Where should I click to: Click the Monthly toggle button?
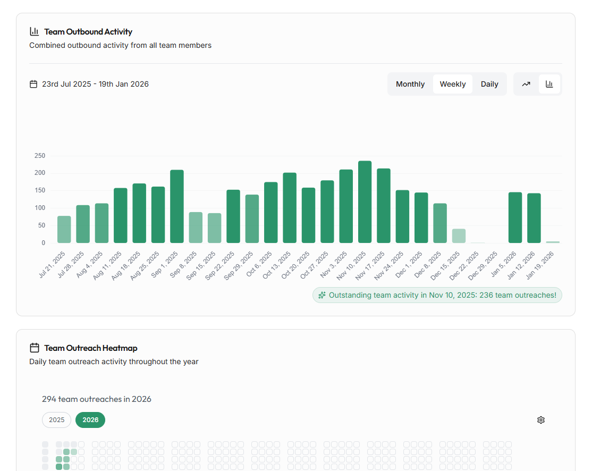pos(410,84)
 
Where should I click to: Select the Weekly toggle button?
pos(453,84)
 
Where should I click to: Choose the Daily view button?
pos(489,84)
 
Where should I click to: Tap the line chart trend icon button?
pos(526,84)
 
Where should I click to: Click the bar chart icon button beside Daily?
pos(549,84)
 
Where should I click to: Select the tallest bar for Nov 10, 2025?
pos(365,202)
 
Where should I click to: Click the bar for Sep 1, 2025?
pos(176,207)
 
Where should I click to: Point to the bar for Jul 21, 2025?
pos(64,230)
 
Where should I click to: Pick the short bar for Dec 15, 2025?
pos(459,236)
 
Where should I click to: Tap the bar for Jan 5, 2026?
pos(515,217)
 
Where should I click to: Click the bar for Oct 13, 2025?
pos(290,208)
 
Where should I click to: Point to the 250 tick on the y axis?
pos(40,156)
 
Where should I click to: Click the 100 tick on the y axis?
pos(40,208)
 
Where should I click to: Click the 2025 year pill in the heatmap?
pos(57,420)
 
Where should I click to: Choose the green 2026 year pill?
pos(90,420)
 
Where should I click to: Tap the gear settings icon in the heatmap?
pos(541,420)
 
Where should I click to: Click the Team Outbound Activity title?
pos(88,32)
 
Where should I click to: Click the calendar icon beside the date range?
pos(33,84)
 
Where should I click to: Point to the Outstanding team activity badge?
pos(437,295)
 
